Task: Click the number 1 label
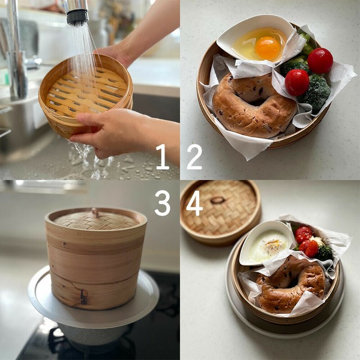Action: click(x=162, y=157)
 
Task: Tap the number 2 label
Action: click(x=194, y=157)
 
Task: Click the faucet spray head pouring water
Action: click(x=76, y=12)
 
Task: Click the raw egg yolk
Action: click(x=268, y=48)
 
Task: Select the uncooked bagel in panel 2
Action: click(x=253, y=106)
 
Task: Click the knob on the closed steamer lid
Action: click(x=94, y=212)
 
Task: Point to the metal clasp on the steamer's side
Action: click(x=83, y=296)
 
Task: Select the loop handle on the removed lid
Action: click(x=218, y=200)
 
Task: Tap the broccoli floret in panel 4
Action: click(x=325, y=253)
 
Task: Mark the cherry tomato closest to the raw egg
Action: click(x=320, y=60)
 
